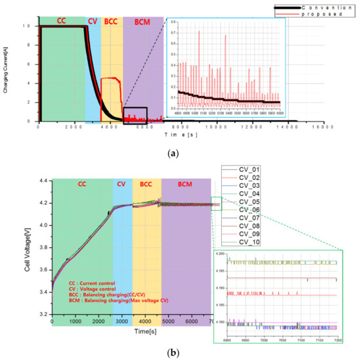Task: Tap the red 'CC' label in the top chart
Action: click(x=60, y=20)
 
